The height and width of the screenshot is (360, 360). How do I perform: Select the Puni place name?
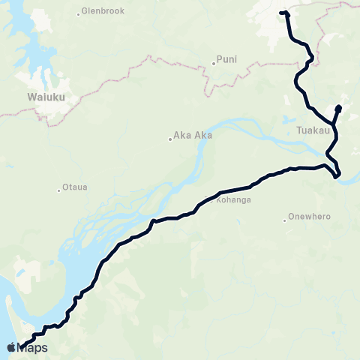pos(226,58)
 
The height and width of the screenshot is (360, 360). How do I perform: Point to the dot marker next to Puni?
pos(214,63)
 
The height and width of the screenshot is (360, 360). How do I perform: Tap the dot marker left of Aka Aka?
pos(169,137)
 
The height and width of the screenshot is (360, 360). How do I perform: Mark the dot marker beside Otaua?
pos(59,189)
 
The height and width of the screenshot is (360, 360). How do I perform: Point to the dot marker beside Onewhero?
pos(285,219)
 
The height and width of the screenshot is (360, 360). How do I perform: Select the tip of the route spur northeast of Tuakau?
pos(338,108)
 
